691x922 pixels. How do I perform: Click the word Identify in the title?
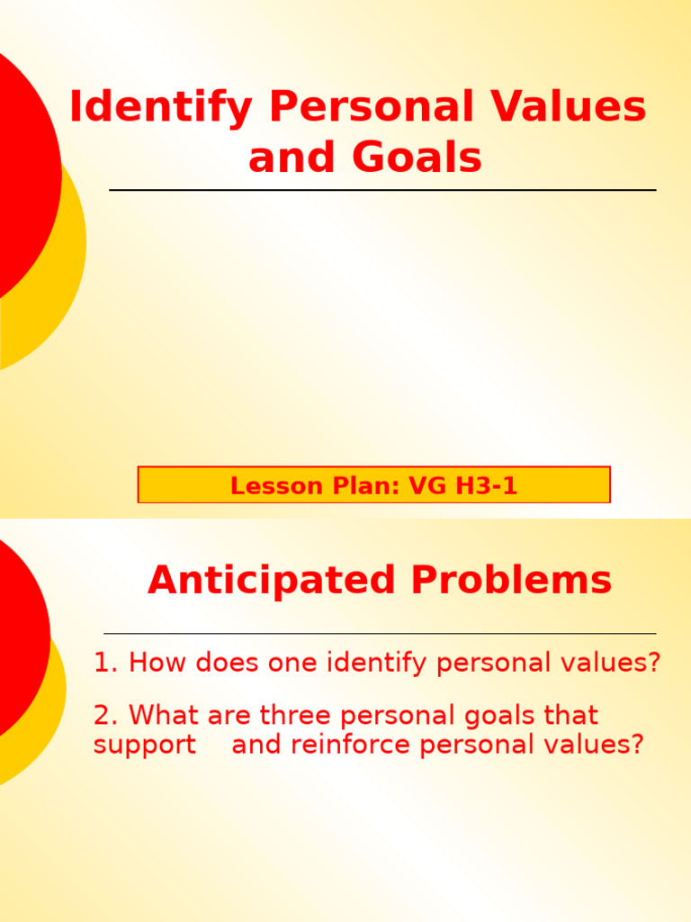point(161,108)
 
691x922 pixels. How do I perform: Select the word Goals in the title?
point(417,158)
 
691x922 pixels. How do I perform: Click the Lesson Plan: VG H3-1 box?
point(373,485)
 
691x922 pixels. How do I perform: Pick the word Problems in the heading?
point(511,581)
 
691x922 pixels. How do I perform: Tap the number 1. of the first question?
point(106,664)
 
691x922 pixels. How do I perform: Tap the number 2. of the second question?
point(106,716)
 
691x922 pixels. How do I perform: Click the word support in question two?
point(144,746)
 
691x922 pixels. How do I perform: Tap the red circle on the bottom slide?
point(18,630)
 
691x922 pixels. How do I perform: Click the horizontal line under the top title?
point(382,190)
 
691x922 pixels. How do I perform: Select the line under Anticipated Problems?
point(380,634)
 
